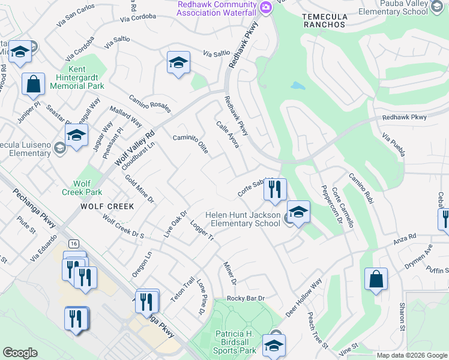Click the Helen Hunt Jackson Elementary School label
[243, 219]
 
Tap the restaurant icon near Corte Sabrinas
[274, 190]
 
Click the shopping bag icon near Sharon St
[376, 280]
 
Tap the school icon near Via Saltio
[178, 63]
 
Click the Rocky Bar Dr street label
[246, 298]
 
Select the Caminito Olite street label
[191, 145]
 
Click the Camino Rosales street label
[149, 103]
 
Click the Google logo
[20, 353]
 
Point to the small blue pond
[298, 86]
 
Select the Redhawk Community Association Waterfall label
[217, 9]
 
